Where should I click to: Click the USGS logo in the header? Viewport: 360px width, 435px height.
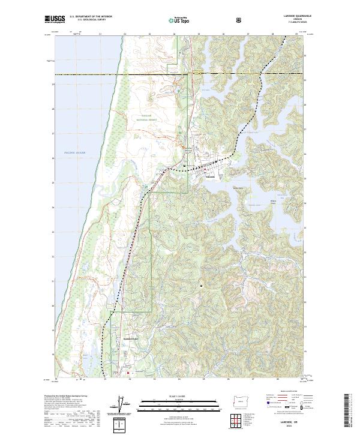click(x=55, y=20)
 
